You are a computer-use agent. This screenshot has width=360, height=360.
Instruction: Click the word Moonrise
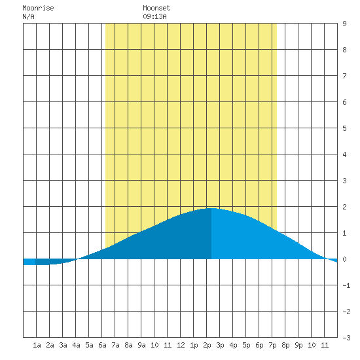[x=38, y=8]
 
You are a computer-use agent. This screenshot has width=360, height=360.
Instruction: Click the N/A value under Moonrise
[x=28, y=16]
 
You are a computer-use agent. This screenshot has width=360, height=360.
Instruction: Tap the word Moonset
[x=156, y=8]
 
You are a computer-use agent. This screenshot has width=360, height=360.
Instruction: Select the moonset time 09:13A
[x=154, y=16]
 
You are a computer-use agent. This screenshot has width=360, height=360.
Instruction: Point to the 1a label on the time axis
[x=37, y=345]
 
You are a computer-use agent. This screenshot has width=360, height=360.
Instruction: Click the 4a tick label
[x=76, y=345]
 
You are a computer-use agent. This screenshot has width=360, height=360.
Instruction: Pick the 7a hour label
[x=115, y=345]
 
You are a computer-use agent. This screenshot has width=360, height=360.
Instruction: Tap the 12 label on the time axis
[x=181, y=345]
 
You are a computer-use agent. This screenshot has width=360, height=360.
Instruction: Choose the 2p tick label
[x=207, y=345]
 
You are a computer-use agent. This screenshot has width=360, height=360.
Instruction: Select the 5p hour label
[x=246, y=345]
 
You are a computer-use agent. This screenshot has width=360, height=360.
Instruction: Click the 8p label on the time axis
[x=285, y=345]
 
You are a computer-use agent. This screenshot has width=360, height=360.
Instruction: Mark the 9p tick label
[x=298, y=345]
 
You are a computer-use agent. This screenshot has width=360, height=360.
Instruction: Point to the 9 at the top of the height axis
[x=344, y=24]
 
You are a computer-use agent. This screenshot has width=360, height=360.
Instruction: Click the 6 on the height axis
[x=344, y=102]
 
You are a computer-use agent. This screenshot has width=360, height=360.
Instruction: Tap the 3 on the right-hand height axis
[x=344, y=181]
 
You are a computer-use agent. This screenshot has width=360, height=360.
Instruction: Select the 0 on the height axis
[x=344, y=259]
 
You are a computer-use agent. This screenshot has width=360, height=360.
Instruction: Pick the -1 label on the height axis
[x=346, y=285]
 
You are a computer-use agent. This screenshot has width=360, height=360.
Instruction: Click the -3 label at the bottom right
[x=346, y=338]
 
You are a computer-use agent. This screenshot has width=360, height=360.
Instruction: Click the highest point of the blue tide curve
[x=211, y=208]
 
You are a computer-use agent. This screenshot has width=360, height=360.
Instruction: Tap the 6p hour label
[x=259, y=345]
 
